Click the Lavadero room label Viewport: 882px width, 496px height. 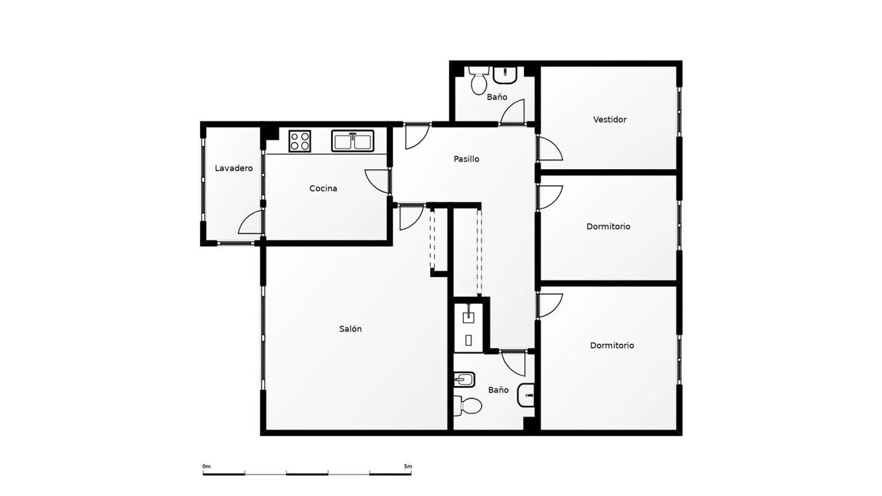coord(234,168)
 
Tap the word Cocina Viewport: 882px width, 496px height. coord(323,188)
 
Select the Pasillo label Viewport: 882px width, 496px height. coord(466,159)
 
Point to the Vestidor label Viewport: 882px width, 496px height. coord(610,119)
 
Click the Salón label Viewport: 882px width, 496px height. coord(350,329)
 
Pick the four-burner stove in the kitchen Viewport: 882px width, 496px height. coord(300,141)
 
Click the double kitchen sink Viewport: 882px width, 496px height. coord(352,141)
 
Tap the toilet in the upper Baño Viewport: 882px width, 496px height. coord(479,81)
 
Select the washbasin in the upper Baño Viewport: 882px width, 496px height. coord(505,75)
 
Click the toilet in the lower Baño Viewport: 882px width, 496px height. coord(468,405)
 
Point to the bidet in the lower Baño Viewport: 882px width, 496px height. coord(465,380)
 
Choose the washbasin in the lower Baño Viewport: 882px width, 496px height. coord(526,395)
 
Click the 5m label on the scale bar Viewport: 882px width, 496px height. coord(408,467)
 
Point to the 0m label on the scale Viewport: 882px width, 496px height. coord(206,467)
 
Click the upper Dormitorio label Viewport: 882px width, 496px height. coord(609,226)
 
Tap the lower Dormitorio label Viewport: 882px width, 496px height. coord(612,345)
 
